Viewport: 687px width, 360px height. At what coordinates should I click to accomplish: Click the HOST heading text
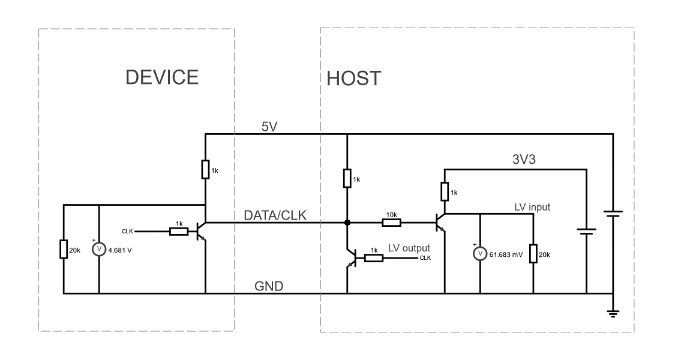(x=354, y=79)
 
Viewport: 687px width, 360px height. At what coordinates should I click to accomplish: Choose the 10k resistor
(x=392, y=223)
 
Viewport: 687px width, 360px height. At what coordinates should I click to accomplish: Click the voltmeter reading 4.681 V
(x=99, y=249)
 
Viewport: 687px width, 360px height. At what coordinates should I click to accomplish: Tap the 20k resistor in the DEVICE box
(x=64, y=249)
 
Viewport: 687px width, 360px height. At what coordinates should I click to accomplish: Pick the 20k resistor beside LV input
(x=532, y=254)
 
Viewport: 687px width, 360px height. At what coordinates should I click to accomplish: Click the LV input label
(x=532, y=207)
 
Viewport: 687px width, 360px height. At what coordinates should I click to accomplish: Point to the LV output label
(x=410, y=247)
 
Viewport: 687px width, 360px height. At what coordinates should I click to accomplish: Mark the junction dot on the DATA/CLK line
(x=347, y=223)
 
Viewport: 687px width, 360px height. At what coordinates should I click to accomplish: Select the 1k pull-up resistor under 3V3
(x=445, y=192)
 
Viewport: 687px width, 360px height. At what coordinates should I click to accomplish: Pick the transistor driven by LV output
(x=351, y=258)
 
